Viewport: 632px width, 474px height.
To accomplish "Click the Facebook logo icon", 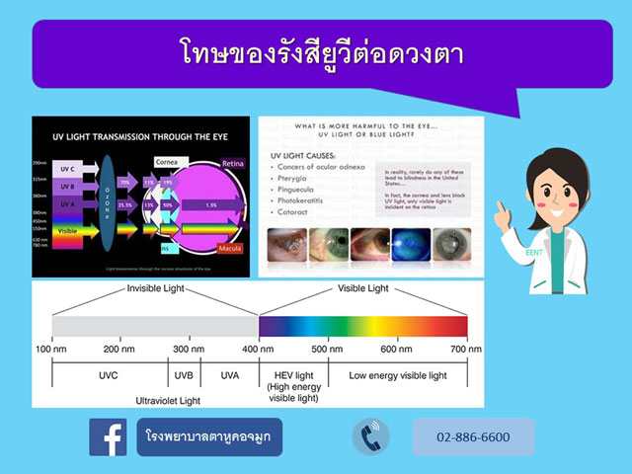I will pyautogui.click(x=108, y=436).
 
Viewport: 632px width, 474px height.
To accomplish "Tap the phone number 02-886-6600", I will pyautogui.click(x=486, y=436).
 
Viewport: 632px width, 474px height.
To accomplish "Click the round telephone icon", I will pyautogui.click(x=371, y=436).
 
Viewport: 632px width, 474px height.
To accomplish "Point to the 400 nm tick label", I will pyautogui.click(x=259, y=350).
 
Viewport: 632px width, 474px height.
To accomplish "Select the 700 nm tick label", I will pyautogui.click(x=467, y=350).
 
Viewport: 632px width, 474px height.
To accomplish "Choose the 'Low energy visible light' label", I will pyautogui.click(x=397, y=376).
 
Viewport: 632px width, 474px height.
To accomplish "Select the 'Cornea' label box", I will pyautogui.click(x=166, y=161).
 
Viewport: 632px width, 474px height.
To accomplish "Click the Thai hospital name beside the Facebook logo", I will pyautogui.click(x=209, y=436).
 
